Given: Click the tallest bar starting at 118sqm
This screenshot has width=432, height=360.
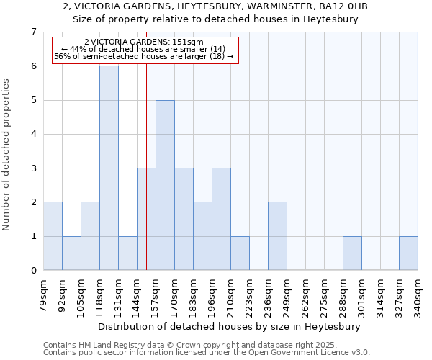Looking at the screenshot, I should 109,168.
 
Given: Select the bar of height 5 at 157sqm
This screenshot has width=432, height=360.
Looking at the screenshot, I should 165,185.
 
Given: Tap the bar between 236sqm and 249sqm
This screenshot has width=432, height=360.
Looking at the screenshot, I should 277,236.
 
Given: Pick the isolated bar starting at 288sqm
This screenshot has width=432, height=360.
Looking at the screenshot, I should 352,253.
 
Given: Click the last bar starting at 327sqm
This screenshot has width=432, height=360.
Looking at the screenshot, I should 408,253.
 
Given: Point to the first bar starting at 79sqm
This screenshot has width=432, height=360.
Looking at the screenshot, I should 53,236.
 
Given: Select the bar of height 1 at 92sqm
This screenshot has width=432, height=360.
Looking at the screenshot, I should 71,253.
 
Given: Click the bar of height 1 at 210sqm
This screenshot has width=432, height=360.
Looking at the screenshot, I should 240,253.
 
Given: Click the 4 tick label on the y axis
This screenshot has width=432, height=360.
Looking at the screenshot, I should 34,134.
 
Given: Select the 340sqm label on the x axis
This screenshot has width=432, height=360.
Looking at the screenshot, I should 418,296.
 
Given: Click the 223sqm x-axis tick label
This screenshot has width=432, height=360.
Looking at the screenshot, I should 250,296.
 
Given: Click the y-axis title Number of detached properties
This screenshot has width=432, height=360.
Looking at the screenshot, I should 6,155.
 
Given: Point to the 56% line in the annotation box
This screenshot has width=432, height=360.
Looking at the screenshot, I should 144,56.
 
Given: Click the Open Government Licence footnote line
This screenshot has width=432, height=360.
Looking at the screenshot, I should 207,353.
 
